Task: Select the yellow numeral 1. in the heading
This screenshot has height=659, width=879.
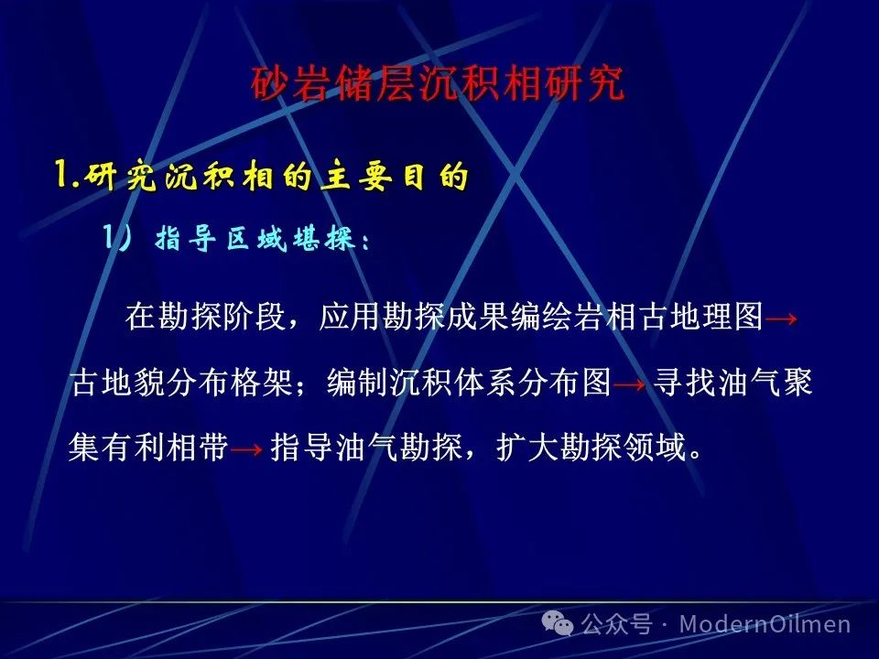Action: click(x=69, y=176)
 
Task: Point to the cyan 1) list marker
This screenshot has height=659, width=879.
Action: click(x=117, y=238)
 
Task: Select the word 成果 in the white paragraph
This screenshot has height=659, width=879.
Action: click(x=478, y=317)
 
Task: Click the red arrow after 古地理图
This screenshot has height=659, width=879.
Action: click(x=781, y=319)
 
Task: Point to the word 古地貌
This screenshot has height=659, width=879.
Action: click(x=118, y=384)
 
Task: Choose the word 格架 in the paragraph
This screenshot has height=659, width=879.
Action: click(x=261, y=384)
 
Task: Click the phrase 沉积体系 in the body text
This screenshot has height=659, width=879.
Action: click(x=453, y=384)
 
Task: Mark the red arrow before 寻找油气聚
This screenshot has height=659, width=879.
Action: click(x=629, y=385)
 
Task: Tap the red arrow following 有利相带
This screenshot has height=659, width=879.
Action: click(x=246, y=449)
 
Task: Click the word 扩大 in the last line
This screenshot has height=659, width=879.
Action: click(x=527, y=448)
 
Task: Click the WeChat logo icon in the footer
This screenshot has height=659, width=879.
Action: click(x=558, y=623)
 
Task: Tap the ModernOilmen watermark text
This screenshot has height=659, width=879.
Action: click(x=765, y=623)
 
